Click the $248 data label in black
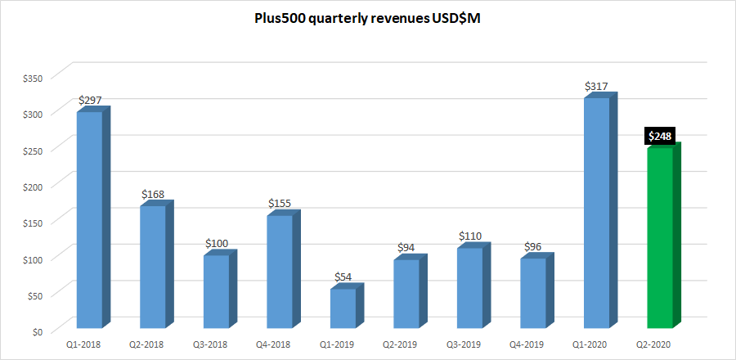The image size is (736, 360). (659, 136)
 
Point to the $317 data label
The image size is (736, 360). (596, 86)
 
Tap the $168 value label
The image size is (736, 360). (153, 194)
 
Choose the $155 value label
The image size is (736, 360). (280, 203)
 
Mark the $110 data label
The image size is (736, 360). (470, 236)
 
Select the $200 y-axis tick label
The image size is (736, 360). (33, 186)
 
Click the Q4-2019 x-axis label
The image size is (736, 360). (532, 344)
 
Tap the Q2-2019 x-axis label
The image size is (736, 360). (406, 344)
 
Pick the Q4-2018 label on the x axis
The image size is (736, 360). (279, 344)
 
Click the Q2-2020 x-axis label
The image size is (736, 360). (659, 344)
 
